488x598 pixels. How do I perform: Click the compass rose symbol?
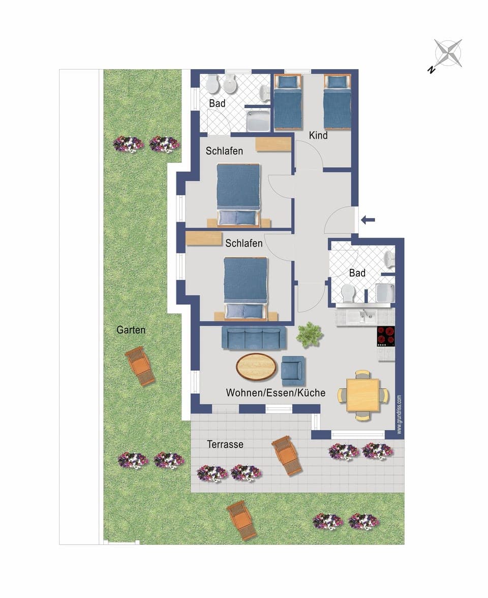[x=448, y=53]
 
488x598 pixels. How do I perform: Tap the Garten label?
[x=131, y=330]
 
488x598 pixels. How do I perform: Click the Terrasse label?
[x=225, y=445]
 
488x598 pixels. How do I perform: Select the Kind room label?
[x=318, y=136]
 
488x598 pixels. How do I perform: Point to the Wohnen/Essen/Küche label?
[x=276, y=393]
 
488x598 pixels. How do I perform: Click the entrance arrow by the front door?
[x=368, y=220]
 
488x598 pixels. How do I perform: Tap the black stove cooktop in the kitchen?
[x=386, y=336]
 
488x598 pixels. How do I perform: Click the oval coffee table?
[x=257, y=366]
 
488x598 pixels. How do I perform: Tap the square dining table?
[x=363, y=395]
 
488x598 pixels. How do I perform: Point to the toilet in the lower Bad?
[x=348, y=294]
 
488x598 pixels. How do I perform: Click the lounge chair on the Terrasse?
[x=287, y=455]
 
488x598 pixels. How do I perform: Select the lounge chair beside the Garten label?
[x=140, y=366]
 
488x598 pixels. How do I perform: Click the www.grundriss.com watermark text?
[x=400, y=415]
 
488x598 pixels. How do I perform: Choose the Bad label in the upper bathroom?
[x=217, y=103]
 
